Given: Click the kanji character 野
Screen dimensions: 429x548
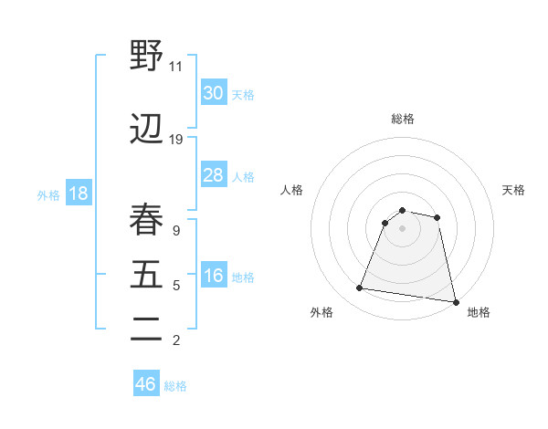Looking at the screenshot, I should (x=147, y=56).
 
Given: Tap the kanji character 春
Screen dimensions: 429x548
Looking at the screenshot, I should (x=147, y=219).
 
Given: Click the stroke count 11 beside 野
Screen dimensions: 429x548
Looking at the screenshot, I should (x=176, y=67).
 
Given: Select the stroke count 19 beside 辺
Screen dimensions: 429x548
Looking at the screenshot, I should (x=176, y=140).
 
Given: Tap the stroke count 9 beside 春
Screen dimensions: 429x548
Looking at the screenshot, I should (x=176, y=232).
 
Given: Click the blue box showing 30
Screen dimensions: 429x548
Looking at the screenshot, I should (x=214, y=93).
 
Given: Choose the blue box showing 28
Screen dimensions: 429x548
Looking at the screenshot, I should (x=214, y=175).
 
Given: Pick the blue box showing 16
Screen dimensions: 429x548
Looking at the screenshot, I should (x=214, y=277).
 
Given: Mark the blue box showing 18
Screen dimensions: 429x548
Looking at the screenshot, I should (x=78, y=194).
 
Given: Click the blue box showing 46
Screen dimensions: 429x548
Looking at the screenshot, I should (x=146, y=384).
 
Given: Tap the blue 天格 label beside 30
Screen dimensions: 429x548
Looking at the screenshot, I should (x=243, y=95).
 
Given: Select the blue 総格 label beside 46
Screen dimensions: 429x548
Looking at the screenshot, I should (x=175, y=386).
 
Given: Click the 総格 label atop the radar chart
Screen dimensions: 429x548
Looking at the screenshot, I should (x=403, y=119).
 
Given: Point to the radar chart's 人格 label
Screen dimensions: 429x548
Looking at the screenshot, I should (x=292, y=190).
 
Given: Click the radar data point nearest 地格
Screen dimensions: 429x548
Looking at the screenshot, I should (x=455, y=301).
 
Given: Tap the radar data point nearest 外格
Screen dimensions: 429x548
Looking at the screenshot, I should (x=360, y=288).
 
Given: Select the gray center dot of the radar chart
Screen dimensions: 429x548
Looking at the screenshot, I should (x=403, y=228).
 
